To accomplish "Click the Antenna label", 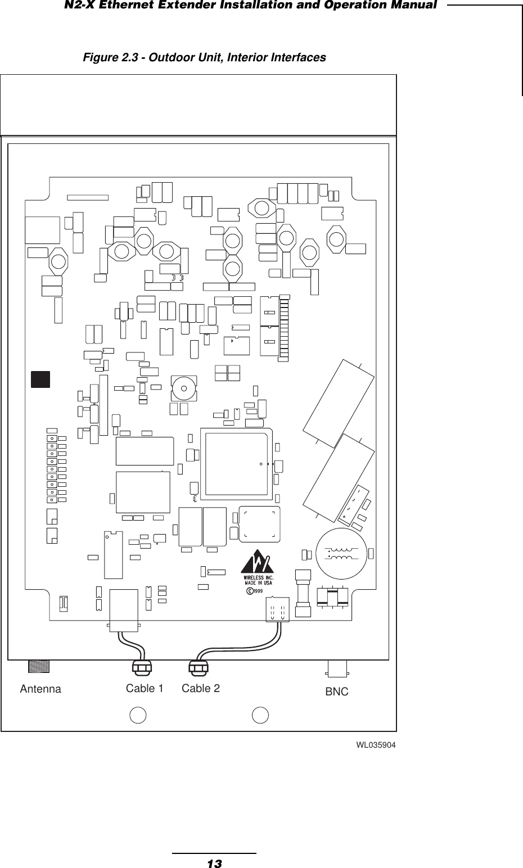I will pos(40,689).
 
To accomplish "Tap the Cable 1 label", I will pos(145,688).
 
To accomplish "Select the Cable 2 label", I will pos(201,688).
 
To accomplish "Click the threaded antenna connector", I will pos(38,666).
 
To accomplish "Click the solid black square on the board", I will pos(40,379).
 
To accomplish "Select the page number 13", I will pos(214,863).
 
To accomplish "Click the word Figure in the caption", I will pos(98,58).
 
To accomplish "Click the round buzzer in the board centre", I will pos(184,388).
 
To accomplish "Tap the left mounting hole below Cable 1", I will pos(138,715).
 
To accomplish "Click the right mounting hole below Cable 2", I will pos(260,715).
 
